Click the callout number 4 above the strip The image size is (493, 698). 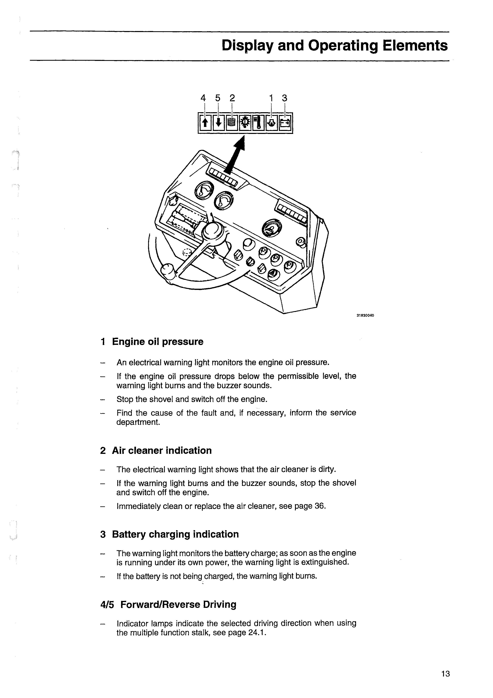pos(203,98)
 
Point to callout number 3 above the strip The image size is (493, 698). pos(284,98)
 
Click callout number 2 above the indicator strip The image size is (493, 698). pos(232,98)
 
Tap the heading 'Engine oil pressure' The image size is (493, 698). pos(157,342)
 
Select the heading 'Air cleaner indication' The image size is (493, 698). pos(162,450)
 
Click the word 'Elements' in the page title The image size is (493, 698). pos(415,46)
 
